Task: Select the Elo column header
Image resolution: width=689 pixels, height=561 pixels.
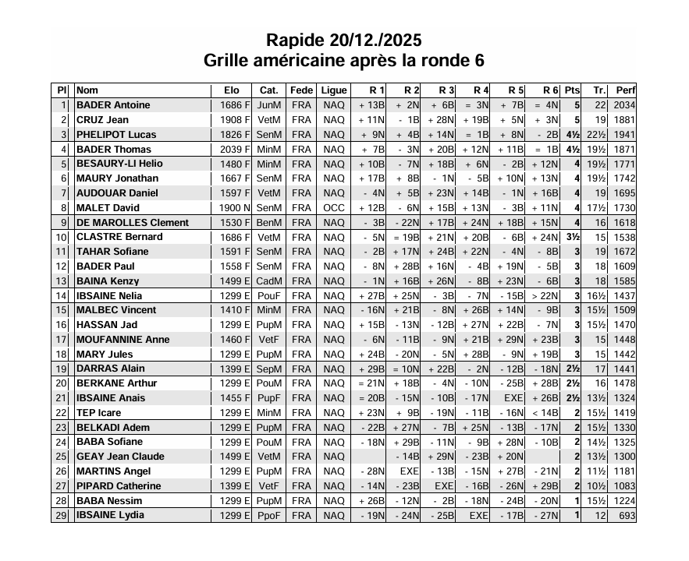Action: click(231, 90)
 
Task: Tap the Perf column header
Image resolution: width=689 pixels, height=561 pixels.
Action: click(625, 90)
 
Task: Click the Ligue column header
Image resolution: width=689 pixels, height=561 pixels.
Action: click(334, 90)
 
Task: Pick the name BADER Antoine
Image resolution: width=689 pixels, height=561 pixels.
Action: click(113, 105)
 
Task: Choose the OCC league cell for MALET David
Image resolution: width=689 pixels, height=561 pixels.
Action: click(334, 208)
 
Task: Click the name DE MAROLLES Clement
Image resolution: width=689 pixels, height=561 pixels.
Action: click(133, 223)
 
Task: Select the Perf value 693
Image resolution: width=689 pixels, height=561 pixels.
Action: click(627, 516)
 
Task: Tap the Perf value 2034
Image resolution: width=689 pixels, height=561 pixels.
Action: click(624, 105)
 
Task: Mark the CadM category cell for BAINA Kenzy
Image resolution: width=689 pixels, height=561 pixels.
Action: click(268, 281)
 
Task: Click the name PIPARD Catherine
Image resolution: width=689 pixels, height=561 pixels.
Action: click(119, 486)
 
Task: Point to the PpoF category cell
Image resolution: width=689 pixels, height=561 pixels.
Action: click(268, 516)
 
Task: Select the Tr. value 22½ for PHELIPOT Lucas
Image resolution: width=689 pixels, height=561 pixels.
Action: click(596, 135)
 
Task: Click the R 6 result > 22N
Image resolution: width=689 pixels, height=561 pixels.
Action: click(545, 296)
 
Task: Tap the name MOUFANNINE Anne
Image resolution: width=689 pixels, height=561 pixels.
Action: click(123, 340)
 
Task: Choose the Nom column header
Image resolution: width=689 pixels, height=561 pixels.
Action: click(87, 90)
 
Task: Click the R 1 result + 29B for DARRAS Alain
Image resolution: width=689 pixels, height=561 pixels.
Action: click(371, 369)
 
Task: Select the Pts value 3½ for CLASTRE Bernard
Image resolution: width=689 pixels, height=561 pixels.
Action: click(572, 237)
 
